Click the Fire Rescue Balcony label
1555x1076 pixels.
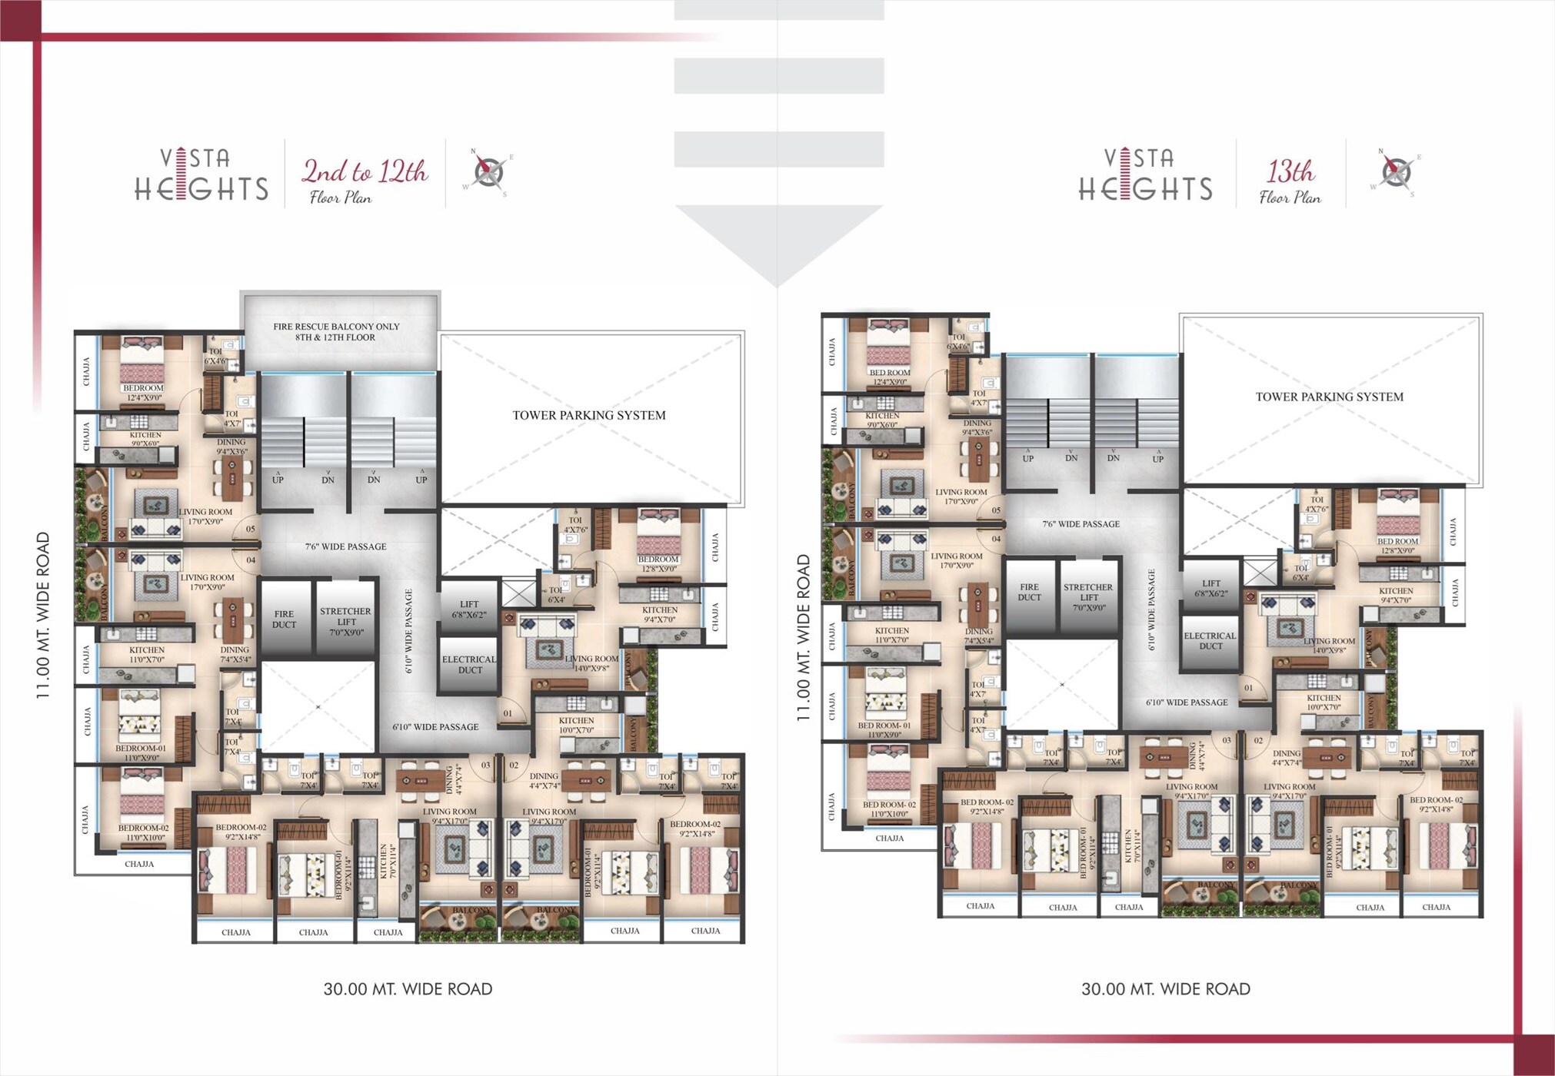click(x=336, y=332)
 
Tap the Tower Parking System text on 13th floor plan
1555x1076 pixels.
click(x=1329, y=397)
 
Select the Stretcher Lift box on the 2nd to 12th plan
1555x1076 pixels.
click(x=345, y=621)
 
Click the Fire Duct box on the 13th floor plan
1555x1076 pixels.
click(x=1029, y=592)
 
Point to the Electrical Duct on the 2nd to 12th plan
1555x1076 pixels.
click(x=468, y=664)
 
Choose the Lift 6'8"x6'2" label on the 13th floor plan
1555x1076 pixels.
click(x=1210, y=588)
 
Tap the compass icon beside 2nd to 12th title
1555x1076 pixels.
click(x=488, y=171)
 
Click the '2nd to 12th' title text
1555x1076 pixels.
click(x=365, y=171)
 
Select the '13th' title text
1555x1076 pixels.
click(x=1290, y=171)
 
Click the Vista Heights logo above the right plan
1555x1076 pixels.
click(x=1144, y=175)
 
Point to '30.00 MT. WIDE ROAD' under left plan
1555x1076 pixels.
click(x=408, y=989)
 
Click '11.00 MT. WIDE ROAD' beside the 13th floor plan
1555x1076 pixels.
click(x=803, y=637)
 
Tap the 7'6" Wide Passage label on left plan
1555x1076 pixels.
click(x=345, y=546)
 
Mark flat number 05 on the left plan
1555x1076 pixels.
click(x=250, y=529)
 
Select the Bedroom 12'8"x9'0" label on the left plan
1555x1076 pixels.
click(x=658, y=564)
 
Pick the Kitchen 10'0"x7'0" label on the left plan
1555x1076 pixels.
click(x=576, y=725)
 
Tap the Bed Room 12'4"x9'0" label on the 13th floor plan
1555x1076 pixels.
click(x=889, y=377)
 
